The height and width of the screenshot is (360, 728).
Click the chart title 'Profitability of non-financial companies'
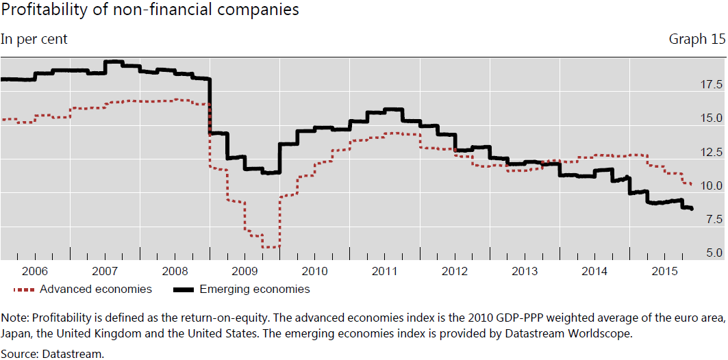click(x=149, y=10)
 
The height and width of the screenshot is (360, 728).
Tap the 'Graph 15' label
click(x=697, y=40)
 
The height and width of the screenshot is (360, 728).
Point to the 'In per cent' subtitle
click(x=34, y=40)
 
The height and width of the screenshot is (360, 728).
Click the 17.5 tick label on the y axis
click(x=711, y=84)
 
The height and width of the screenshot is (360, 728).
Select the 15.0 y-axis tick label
click(x=711, y=118)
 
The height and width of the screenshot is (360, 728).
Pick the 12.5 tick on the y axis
click(x=711, y=152)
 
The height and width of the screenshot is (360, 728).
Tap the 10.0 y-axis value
click(x=711, y=185)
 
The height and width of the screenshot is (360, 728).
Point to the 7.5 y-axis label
click(x=714, y=220)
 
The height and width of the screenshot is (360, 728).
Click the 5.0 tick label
click(x=714, y=253)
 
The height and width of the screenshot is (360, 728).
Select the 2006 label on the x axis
click(x=35, y=271)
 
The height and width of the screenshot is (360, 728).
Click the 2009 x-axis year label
click(x=245, y=271)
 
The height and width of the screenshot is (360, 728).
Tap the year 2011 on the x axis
click(x=385, y=271)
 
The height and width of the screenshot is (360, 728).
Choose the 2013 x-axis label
click(x=525, y=271)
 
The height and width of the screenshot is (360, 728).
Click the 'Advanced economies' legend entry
click(x=83, y=290)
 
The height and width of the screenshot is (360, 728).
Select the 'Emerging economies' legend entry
click(x=242, y=290)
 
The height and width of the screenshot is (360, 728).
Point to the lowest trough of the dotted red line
click(x=271, y=247)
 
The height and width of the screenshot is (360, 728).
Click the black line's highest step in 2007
click(x=114, y=61)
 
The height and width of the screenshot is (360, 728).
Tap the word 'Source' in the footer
click(x=18, y=354)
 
